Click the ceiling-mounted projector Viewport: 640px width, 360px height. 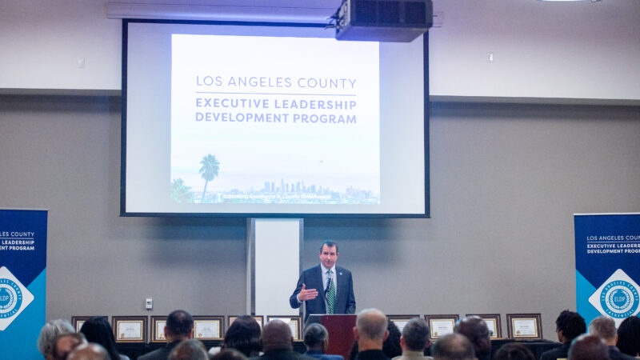tap(383, 20)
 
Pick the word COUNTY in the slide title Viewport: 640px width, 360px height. tap(327, 82)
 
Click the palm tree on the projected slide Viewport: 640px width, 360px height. tap(209, 171)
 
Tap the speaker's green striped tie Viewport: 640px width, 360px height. tap(330, 292)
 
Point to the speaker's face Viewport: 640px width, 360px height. tap(329, 255)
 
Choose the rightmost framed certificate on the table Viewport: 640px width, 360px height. tap(524, 326)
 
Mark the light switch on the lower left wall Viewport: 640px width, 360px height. tap(148, 304)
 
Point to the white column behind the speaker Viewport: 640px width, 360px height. tap(275, 264)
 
